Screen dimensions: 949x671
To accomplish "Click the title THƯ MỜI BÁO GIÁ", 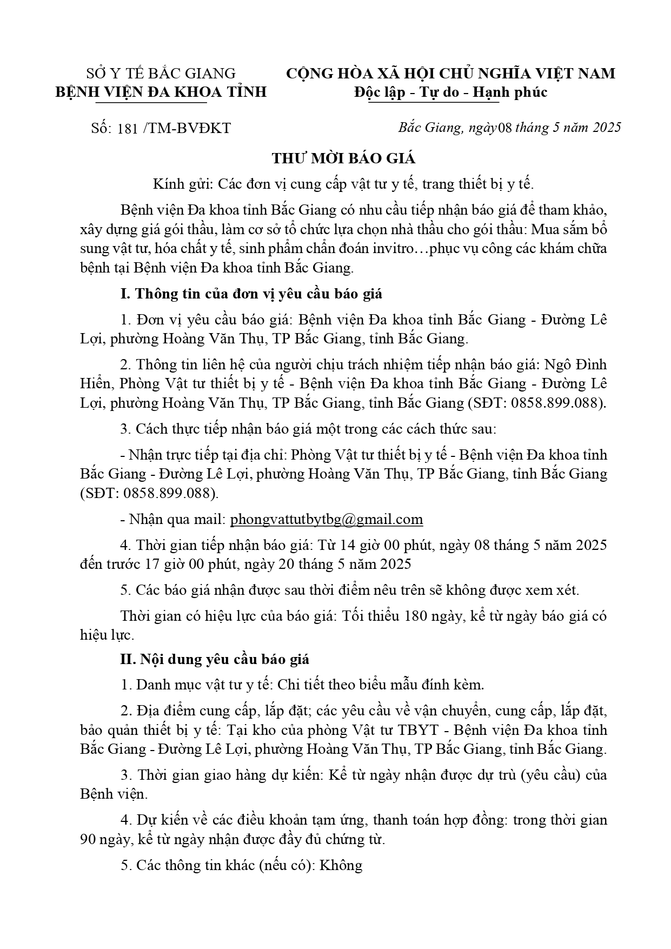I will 343,158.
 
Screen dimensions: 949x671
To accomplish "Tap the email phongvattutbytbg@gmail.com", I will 327,520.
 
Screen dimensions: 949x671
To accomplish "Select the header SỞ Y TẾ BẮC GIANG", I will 161,74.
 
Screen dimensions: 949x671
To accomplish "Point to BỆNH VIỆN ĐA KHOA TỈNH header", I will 161,92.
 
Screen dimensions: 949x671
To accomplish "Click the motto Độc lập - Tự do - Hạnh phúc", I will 450,92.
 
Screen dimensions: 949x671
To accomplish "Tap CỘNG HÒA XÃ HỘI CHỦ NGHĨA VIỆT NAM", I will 450,74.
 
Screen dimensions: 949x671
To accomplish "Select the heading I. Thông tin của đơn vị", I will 251,294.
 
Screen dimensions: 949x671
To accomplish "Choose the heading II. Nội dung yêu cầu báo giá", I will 215,660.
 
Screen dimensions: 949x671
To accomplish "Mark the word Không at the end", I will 341,865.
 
